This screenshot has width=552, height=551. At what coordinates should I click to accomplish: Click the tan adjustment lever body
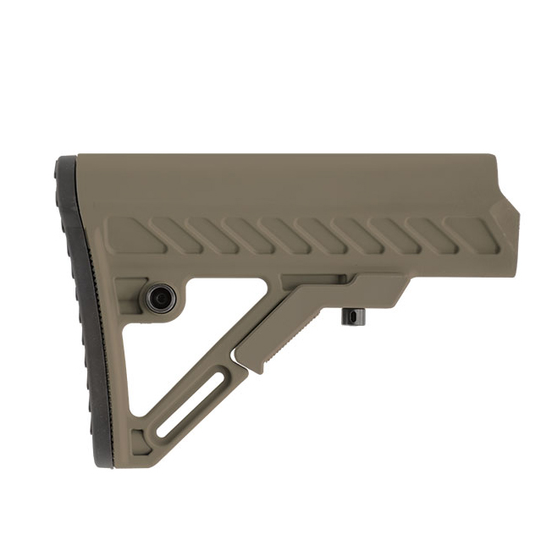(x=330, y=300)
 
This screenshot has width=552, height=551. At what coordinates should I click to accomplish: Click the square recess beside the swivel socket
(x=128, y=289)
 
